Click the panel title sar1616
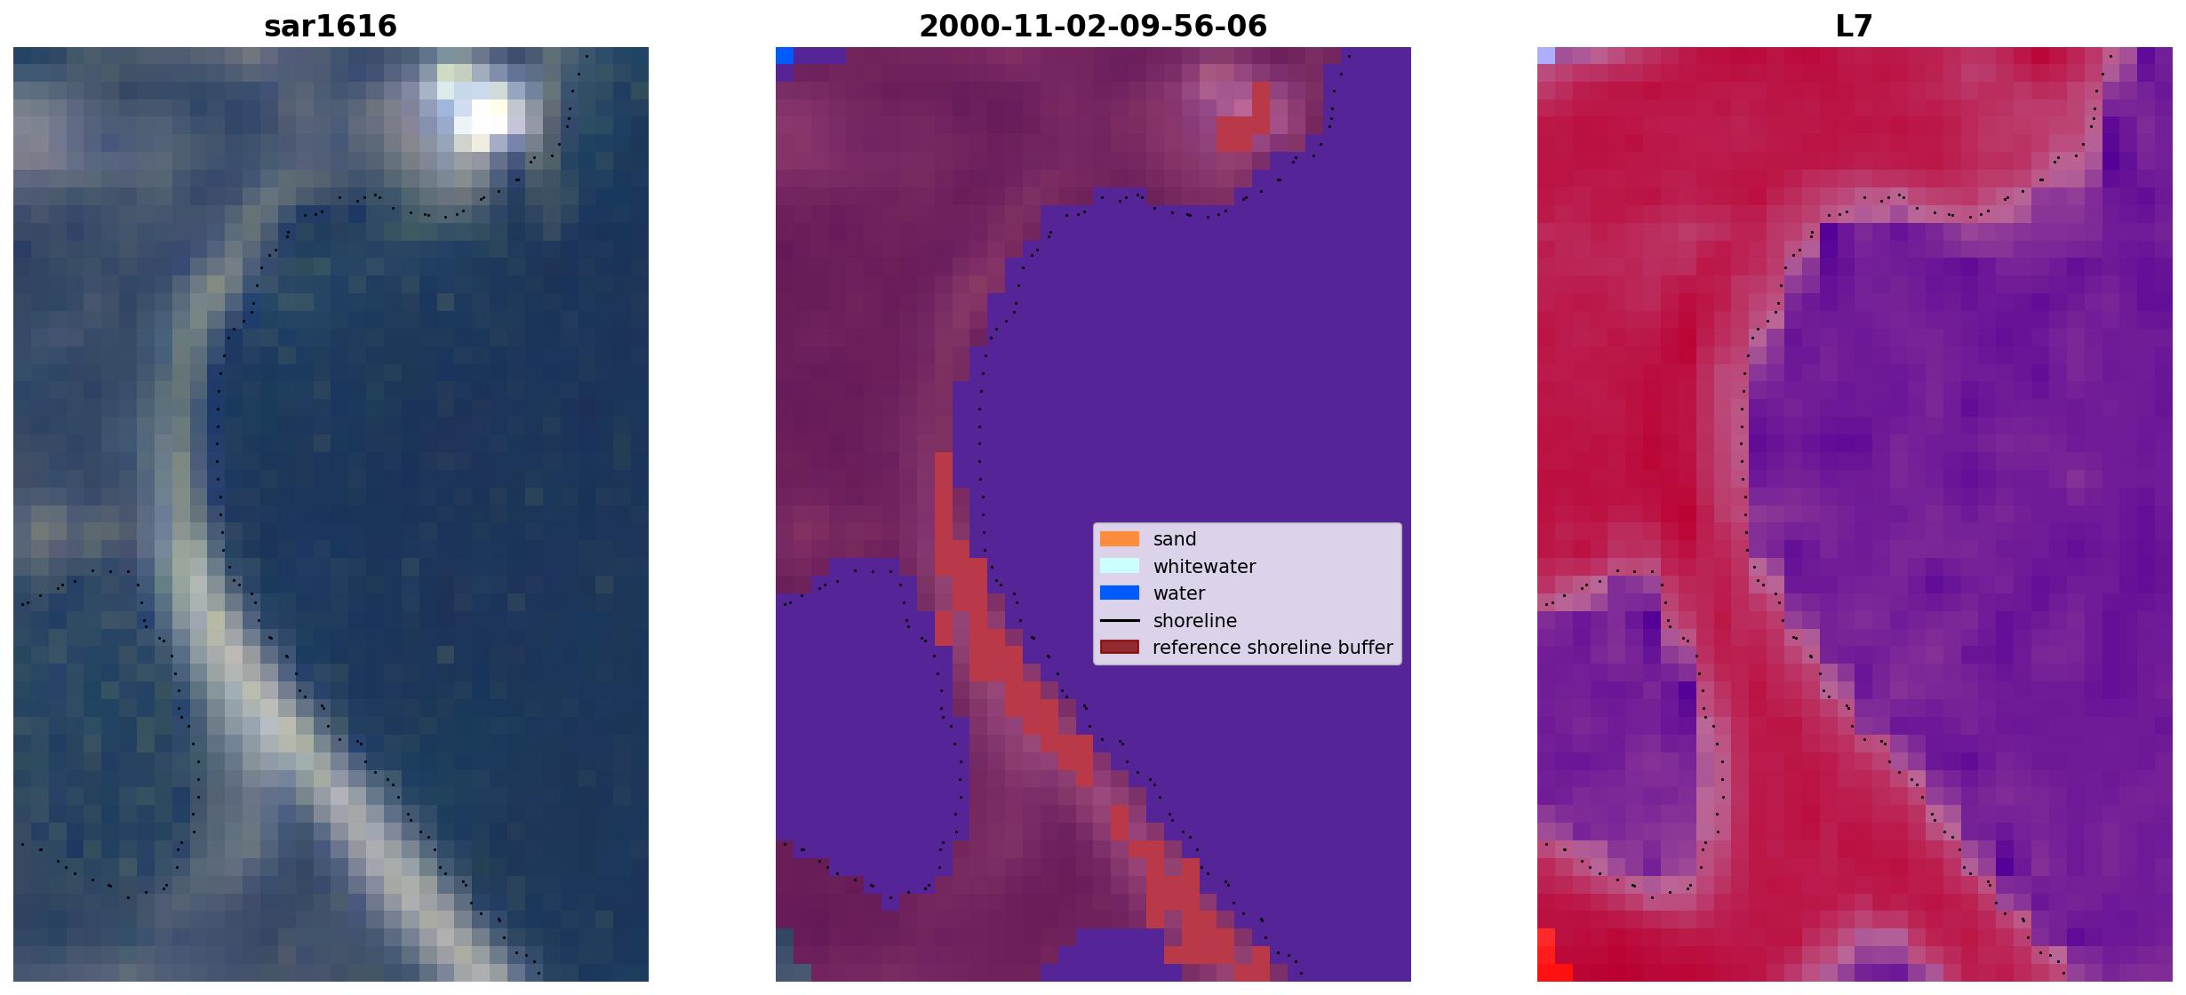pyautogui.click(x=331, y=26)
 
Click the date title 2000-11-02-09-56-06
pyautogui.click(x=1093, y=26)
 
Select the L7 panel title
pyautogui.click(x=1855, y=26)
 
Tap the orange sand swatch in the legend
pyautogui.click(x=1120, y=539)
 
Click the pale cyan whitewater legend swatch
pyautogui.click(x=1120, y=566)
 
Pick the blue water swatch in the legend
pyautogui.click(x=1120, y=593)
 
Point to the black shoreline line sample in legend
pyautogui.click(x=1120, y=620)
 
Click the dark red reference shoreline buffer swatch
pyautogui.click(x=1120, y=647)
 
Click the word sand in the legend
pyautogui.click(x=1175, y=539)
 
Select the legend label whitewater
pyautogui.click(x=1204, y=567)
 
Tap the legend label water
pyautogui.click(x=1179, y=593)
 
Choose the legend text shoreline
pyautogui.click(x=1195, y=621)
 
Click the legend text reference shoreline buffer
pyautogui.click(x=1273, y=648)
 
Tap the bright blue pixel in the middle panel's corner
pyautogui.click(x=785, y=55)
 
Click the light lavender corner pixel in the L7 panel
pyautogui.click(x=1546, y=55)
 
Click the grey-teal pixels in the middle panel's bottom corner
pyautogui.click(x=785, y=954)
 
